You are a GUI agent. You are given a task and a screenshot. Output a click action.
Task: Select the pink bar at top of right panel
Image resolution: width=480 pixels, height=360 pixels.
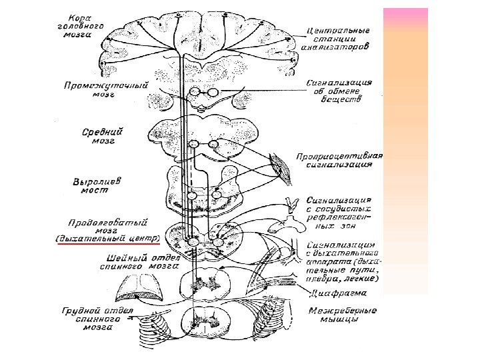(x=406, y=13)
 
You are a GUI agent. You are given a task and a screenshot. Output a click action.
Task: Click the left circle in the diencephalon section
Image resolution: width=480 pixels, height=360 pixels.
(x=194, y=93)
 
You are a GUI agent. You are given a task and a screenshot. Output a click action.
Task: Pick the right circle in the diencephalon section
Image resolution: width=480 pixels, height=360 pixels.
(x=212, y=93)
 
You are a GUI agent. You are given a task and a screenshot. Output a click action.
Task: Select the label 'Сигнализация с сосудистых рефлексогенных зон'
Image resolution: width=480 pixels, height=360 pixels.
(x=340, y=212)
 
